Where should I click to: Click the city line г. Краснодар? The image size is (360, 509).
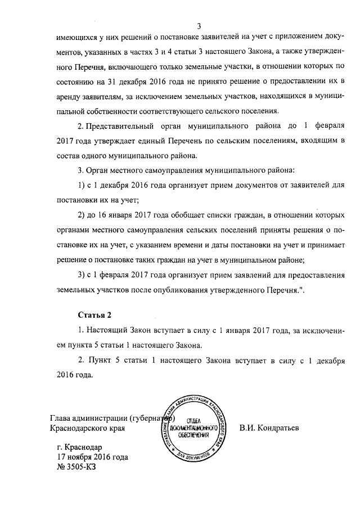80,447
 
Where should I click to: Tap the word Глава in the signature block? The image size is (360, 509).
62,418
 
